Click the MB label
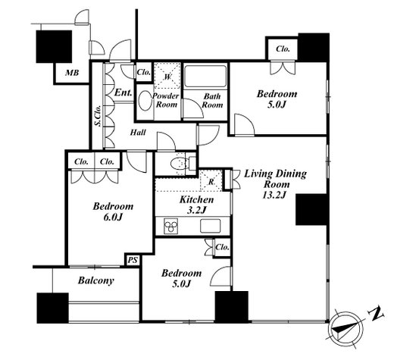pyautogui.click(x=72, y=73)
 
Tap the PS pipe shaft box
pyautogui.click(x=133, y=260)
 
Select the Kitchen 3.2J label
pyautogui.click(x=197, y=205)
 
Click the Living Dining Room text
pyautogui.click(x=275, y=179)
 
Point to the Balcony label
pyautogui.click(x=96, y=280)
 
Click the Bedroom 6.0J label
pyautogui.click(x=113, y=211)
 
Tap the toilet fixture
pyautogui.click(x=180, y=163)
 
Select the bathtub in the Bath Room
pyautogui.click(x=205, y=77)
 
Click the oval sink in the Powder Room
pyautogui.click(x=145, y=101)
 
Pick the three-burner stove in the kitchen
pyautogui.click(x=171, y=226)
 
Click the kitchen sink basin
pyautogui.click(x=210, y=226)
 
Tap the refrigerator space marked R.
pyautogui.click(x=211, y=180)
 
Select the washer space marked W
pyautogui.click(x=167, y=75)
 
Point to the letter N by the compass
pyautogui.click(x=376, y=314)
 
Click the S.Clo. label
pyautogui.click(x=98, y=115)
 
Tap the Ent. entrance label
pyautogui.click(x=124, y=92)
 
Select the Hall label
pyautogui.click(x=138, y=132)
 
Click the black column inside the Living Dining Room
pyautogui.click(x=311, y=209)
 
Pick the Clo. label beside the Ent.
pyautogui.click(x=144, y=72)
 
